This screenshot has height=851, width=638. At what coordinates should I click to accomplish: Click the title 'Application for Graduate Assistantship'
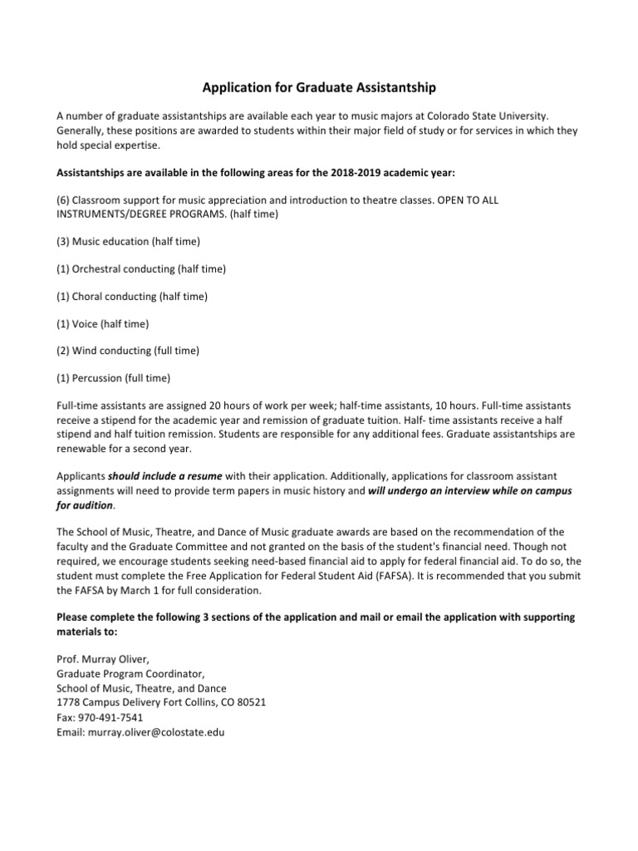point(319,86)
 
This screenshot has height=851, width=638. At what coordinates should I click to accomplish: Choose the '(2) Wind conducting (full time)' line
point(127,351)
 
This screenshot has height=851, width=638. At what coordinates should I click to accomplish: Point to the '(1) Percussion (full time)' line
point(113,378)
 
